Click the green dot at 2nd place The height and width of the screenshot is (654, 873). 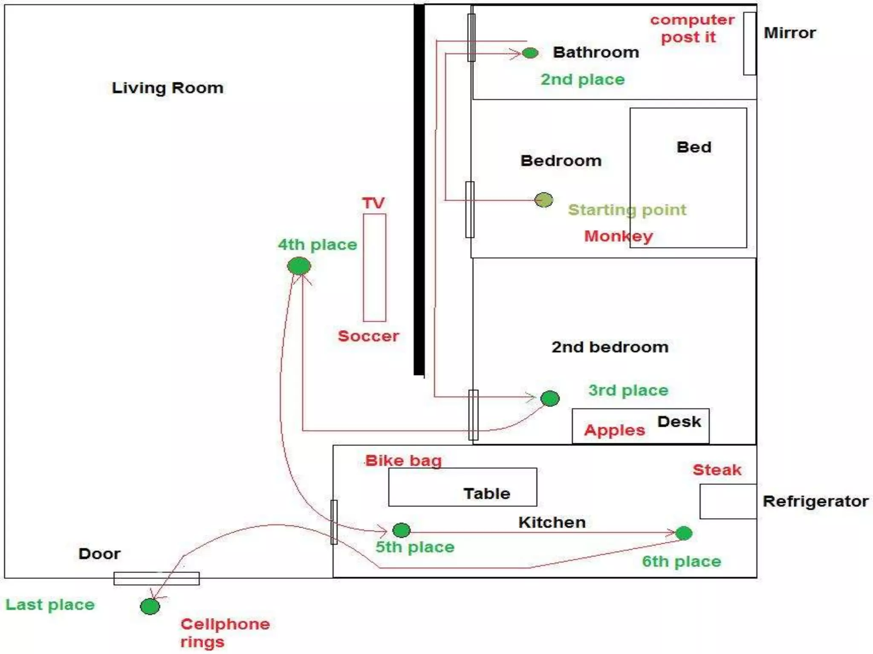coord(530,53)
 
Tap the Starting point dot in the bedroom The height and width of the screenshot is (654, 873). coord(544,200)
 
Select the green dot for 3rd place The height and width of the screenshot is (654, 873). coord(550,399)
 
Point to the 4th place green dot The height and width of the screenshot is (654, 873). coord(299,266)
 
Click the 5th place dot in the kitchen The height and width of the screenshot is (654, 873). coord(401,530)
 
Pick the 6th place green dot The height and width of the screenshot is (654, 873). coord(684,533)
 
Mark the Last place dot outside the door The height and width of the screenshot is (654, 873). coord(150,606)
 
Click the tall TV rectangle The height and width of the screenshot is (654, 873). coord(375,267)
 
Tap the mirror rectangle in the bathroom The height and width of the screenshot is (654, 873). coord(749,43)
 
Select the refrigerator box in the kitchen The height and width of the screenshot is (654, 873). coord(728,501)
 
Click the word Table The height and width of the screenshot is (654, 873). coord(487,493)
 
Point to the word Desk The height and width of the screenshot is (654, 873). coord(679,422)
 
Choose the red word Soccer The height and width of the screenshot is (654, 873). coord(368,336)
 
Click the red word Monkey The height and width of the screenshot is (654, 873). coord(618,236)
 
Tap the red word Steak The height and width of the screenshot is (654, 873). coord(717,470)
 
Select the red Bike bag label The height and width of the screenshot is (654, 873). coord(403,461)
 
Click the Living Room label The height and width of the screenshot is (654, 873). coord(168,88)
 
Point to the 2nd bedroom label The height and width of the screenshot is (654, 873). coord(610,347)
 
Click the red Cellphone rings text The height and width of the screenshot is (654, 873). coord(225,633)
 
